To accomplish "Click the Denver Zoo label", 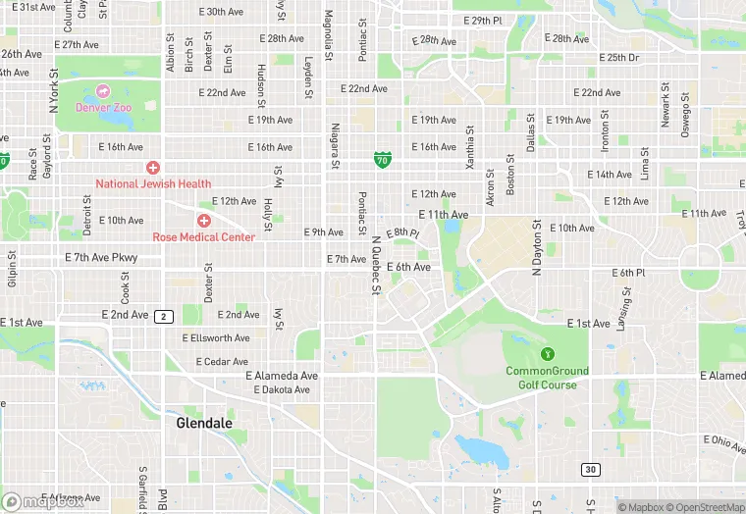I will (x=102, y=106).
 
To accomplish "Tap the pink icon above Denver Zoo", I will (x=102, y=91).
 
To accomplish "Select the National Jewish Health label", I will (x=153, y=183).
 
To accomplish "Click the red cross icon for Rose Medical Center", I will (x=203, y=221).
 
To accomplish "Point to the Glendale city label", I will (x=204, y=423).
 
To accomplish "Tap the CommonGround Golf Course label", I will (x=547, y=378).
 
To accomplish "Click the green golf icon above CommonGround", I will (x=547, y=353).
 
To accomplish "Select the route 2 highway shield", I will (x=164, y=316).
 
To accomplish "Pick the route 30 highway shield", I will (x=589, y=470).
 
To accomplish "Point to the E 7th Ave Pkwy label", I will (x=101, y=258).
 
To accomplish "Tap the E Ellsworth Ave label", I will (x=216, y=338).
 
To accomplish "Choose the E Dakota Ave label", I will (x=282, y=389).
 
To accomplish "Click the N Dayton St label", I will (x=537, y=249).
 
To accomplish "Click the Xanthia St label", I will (x=470, y=143).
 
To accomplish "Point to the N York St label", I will (x=54, y=87).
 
